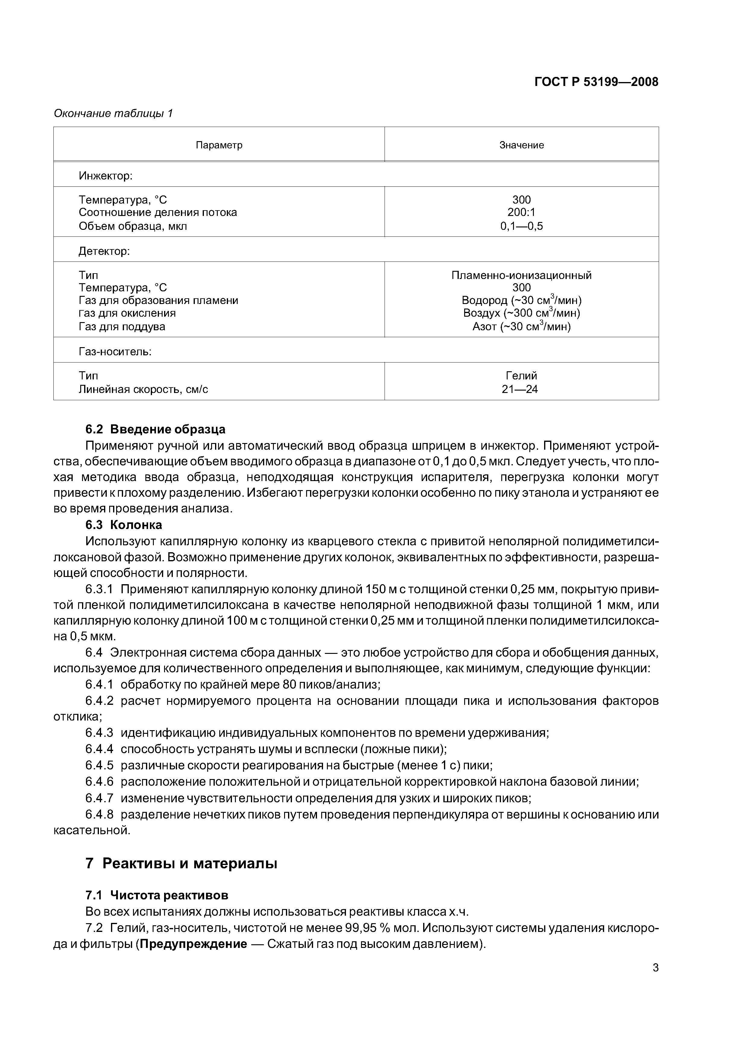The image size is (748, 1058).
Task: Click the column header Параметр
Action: click(219, 145)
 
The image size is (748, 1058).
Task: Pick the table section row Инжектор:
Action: click(106, 176)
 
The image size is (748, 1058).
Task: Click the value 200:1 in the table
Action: click(521, 212)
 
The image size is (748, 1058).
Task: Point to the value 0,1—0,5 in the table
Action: click(521, 226)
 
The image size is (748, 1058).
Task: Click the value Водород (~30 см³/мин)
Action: click(521, 300)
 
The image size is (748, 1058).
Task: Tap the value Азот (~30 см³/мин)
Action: click(521, 327)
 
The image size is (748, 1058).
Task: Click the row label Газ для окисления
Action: click(127, 313)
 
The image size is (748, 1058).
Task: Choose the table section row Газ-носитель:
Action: click(115, 352)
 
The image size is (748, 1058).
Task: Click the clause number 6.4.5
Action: click(99, 765)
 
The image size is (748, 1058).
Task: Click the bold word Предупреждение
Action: click(194, 944)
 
